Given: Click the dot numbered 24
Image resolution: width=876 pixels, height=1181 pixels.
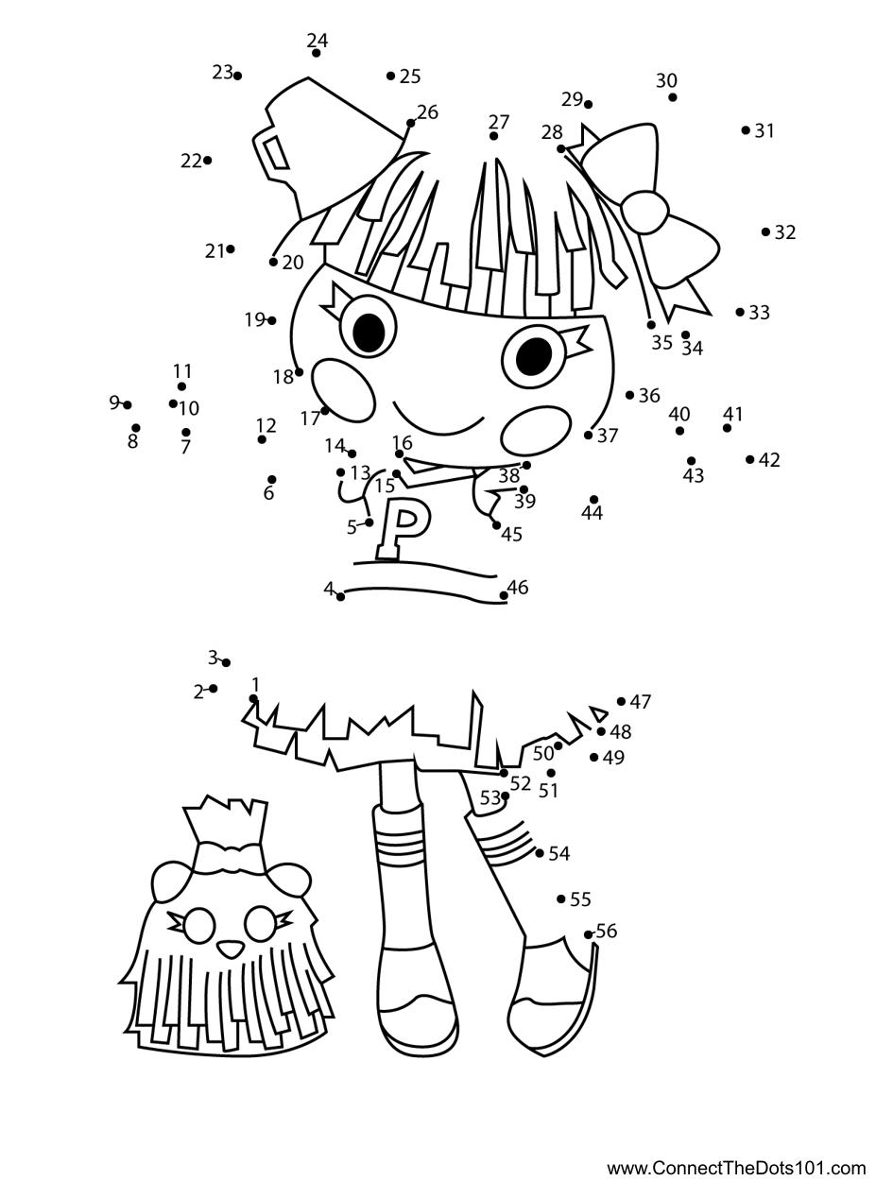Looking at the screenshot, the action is point(316,53).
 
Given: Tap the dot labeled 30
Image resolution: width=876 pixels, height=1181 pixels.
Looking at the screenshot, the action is point(673,97).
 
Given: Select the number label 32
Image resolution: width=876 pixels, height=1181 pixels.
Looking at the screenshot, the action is point(785,232).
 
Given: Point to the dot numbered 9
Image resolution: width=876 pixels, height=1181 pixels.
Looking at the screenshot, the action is point(128,405).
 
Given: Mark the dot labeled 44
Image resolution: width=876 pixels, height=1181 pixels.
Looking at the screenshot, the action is point(593,500).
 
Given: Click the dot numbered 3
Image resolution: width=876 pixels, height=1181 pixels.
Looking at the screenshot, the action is point(226,663).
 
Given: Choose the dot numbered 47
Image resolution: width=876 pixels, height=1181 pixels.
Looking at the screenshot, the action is point(622,701).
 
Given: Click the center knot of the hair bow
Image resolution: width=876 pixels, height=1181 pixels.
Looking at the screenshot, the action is point(644,213).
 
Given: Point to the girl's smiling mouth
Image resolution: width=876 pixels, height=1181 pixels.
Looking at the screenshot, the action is point(438,420).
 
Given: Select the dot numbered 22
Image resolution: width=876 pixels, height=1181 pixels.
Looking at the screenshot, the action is point(207,161).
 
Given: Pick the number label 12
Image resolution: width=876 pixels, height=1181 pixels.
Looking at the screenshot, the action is point(266,425).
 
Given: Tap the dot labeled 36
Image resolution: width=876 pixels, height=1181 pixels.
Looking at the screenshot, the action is point(630,395).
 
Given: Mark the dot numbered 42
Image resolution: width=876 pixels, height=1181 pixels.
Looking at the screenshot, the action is point(750,459).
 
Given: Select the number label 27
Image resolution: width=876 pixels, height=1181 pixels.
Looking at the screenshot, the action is point(499,122).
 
